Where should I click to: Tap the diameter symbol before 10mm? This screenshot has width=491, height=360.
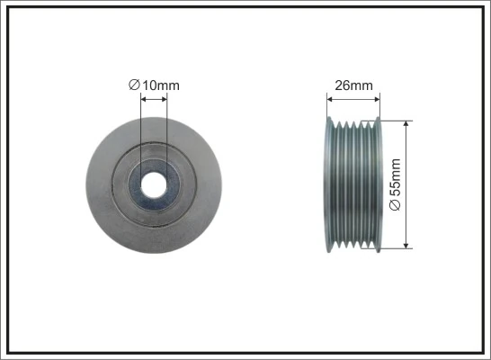[134, 85]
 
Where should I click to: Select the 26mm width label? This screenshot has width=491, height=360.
[353, 86]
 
